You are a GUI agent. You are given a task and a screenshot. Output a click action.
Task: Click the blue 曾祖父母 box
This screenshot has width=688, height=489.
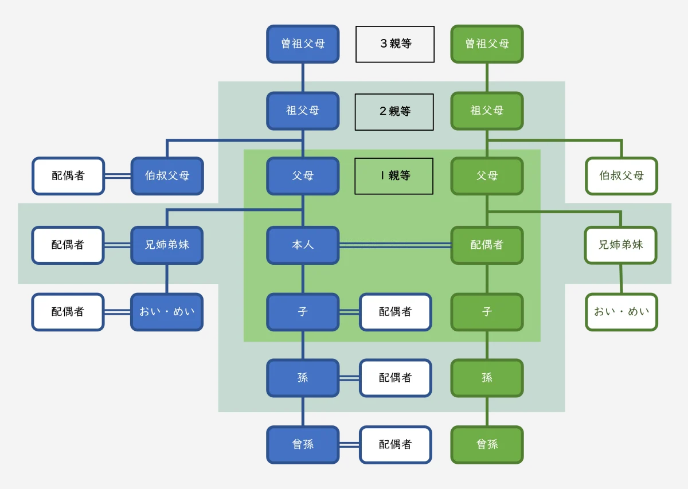click(303, 44)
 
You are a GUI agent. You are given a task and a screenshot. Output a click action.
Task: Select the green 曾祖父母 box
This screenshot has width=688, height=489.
click(487, 44)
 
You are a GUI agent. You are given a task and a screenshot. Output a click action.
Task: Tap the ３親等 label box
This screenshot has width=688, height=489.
click(395, 44)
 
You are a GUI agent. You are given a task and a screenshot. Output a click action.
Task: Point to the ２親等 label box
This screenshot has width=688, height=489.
click(394, 111)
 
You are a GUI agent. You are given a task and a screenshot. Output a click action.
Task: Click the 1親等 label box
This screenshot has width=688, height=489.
click(394, 176)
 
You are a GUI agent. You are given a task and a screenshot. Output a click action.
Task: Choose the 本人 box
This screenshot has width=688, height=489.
click(303, 245)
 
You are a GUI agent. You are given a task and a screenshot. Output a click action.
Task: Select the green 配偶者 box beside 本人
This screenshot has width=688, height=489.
click(487, 245)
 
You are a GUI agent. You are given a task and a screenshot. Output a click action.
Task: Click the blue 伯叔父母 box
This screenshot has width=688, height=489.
click(167, 176)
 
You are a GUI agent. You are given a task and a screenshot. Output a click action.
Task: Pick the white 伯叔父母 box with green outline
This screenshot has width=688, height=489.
click(621, 176)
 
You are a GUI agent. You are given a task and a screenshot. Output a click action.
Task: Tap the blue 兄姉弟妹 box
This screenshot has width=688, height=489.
click(167, 245)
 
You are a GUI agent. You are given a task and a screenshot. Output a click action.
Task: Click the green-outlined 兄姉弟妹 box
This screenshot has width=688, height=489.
click(621, 245)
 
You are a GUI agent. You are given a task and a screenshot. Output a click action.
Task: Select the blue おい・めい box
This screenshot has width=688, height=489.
click(167, 312)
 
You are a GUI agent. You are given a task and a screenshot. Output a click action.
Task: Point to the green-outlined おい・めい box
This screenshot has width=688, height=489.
click(621, 312)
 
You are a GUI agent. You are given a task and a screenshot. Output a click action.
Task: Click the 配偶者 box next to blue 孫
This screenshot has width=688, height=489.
click(395, 378)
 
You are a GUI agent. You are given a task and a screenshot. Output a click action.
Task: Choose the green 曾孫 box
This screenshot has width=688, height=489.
click(487, 444)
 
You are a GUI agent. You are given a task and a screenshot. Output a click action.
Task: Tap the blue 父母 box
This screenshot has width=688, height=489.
click(303, 176)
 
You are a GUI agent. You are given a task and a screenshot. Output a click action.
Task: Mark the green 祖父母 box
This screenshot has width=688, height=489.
click(487, 111)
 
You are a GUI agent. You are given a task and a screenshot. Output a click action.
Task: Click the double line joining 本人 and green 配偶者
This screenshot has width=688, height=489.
click(395, 245)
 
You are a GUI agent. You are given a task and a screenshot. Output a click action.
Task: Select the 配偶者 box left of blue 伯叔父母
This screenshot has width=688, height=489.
click(68, 176)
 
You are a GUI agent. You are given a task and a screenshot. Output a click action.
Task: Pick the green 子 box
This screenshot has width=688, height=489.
click(487, 312)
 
